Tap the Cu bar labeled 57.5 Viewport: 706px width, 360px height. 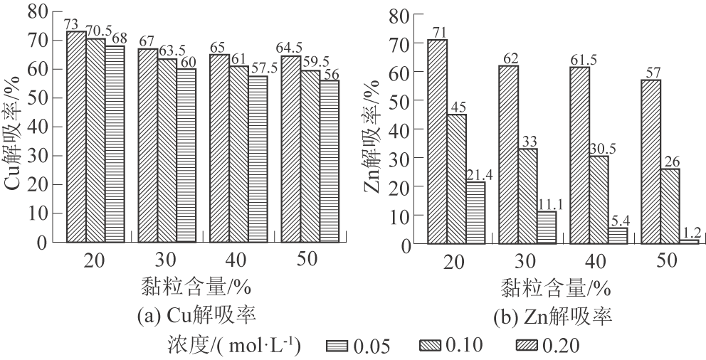258,159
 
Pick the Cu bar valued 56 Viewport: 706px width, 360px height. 329,161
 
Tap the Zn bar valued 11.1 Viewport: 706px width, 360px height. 547,228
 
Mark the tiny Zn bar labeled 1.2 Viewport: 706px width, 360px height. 689,241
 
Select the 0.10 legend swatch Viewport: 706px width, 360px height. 432,346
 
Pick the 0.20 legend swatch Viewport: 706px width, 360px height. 527,346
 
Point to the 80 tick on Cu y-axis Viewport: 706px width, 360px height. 37,11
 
